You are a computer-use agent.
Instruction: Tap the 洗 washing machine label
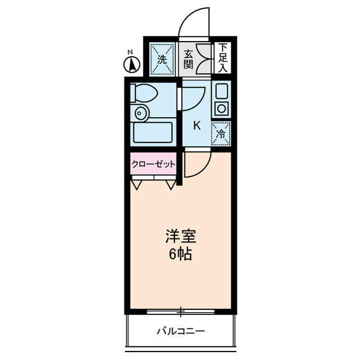pos(162,58)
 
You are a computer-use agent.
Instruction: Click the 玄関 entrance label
pos(188,58)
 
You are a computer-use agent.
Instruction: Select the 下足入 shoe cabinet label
pos(223,59)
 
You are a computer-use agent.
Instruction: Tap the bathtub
pos(152,132)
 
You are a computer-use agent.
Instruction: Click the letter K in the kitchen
pos(197,125)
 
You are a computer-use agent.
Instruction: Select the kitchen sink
pos(221,91)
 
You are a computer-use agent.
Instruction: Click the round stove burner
pos(221,108)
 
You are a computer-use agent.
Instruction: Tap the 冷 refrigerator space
pos(221,135)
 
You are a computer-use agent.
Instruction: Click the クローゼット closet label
pos(153,165)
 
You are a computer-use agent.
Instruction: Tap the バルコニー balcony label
pos(180,331)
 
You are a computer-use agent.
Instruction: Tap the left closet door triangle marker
pos(137,184)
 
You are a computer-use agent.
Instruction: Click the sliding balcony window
pos(180,310)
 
